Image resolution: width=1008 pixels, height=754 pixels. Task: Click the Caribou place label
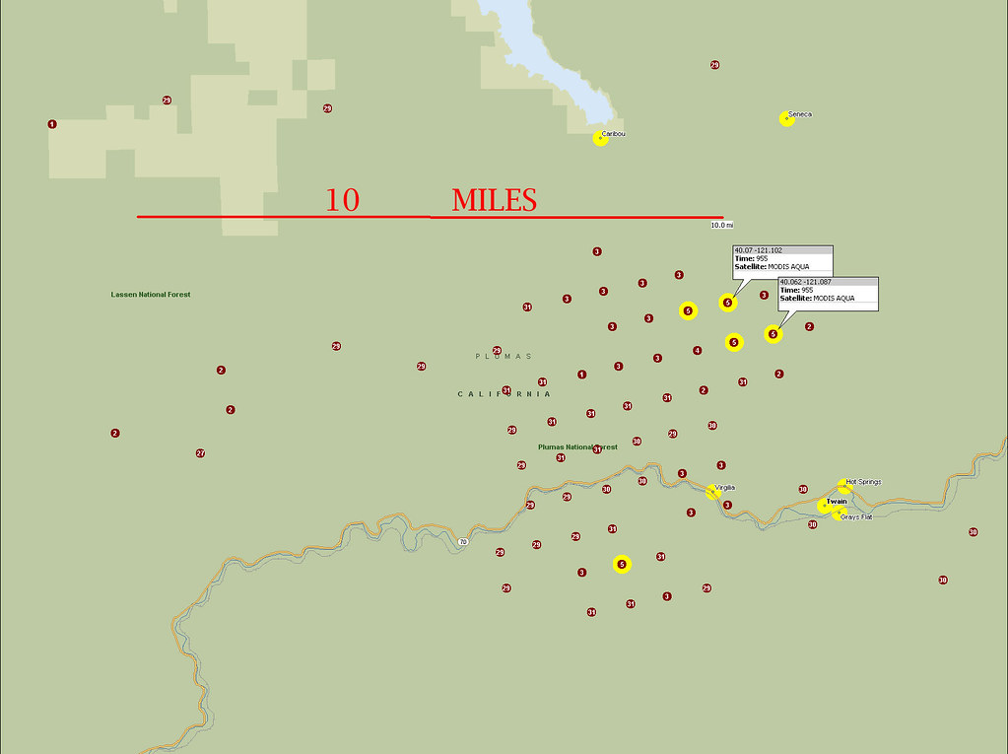(x=614, y=133)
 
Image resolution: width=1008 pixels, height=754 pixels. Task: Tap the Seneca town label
(x=800, y=114)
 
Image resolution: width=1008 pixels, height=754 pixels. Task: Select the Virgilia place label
(x=725, y=487)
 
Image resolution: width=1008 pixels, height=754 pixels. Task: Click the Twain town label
(x=837, y=502)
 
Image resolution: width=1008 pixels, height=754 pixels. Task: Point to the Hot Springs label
(x=863, y=482)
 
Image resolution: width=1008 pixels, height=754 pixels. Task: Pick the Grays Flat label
(x=856, y=516)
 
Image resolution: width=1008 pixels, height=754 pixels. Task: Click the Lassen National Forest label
(x=151, y=295)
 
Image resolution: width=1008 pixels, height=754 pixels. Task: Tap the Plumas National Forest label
(x=577, y=446)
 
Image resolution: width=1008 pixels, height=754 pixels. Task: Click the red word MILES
(x=494, y=200)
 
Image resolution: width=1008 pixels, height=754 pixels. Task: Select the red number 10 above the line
(x=343, y=200)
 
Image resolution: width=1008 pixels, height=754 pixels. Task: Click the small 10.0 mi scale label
(x=722, y=225)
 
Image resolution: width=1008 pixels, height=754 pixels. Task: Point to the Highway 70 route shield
(x=462, y=541)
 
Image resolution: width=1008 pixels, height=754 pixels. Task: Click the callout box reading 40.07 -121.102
(x=782, y=260)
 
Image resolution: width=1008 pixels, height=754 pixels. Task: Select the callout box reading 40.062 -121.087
(x=828, y=293)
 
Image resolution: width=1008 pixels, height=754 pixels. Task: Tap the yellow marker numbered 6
(x=622, y=564)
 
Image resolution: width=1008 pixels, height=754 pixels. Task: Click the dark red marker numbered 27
(x=200, y=453)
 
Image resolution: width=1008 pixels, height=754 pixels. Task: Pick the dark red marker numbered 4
(x=697, y=350)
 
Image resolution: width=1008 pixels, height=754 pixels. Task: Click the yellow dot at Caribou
(x=600, y=139)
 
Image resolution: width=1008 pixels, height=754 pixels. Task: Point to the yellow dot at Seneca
(x=786, y=119)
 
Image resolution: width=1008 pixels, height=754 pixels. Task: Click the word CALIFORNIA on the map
(x=504, y=393)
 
